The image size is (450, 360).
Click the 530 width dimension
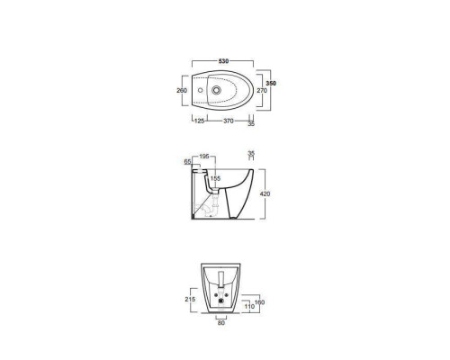click(x=223, y=61)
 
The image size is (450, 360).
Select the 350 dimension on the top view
click(x=271, y=84)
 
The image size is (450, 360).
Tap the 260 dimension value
click(x=182, y=90)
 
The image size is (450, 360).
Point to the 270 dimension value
click(x=262, y=90)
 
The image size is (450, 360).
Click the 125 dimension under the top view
click(x=200, y=121)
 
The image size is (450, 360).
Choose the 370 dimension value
click(x=229, y=121)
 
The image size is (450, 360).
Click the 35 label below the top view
click(x=251, y=123)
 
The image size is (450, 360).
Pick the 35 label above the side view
click(x=251, y=153)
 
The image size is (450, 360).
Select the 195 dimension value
click(x=204, y=157)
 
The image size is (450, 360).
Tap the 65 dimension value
click(x=187, y=162)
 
